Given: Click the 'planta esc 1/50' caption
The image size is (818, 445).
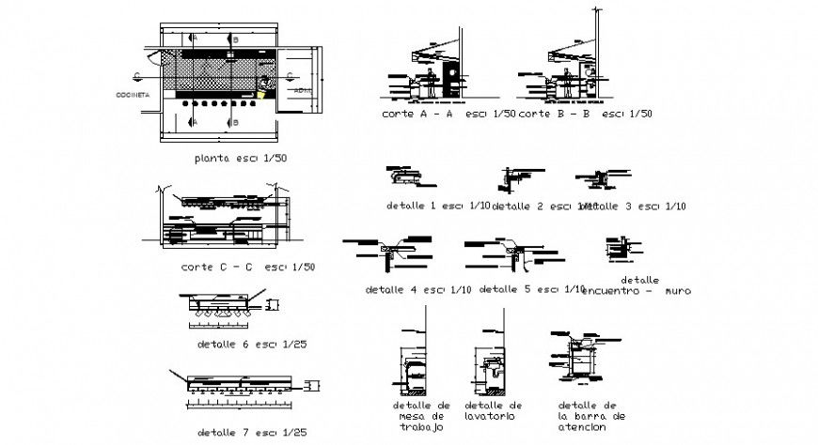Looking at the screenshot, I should pos(240,158).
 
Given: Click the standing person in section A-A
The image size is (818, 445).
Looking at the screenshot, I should pos(431,82).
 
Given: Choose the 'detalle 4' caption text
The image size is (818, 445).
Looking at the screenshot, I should pos(396,289).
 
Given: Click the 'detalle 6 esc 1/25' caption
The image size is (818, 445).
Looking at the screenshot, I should pos(252,345).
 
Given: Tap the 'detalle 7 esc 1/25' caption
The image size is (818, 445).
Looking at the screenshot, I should pos(252,433).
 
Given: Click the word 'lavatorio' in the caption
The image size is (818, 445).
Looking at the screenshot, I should pos(486,414).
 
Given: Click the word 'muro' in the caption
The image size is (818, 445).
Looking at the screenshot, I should pos(676,291).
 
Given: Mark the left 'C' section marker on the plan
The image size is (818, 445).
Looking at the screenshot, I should pos(137,75).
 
